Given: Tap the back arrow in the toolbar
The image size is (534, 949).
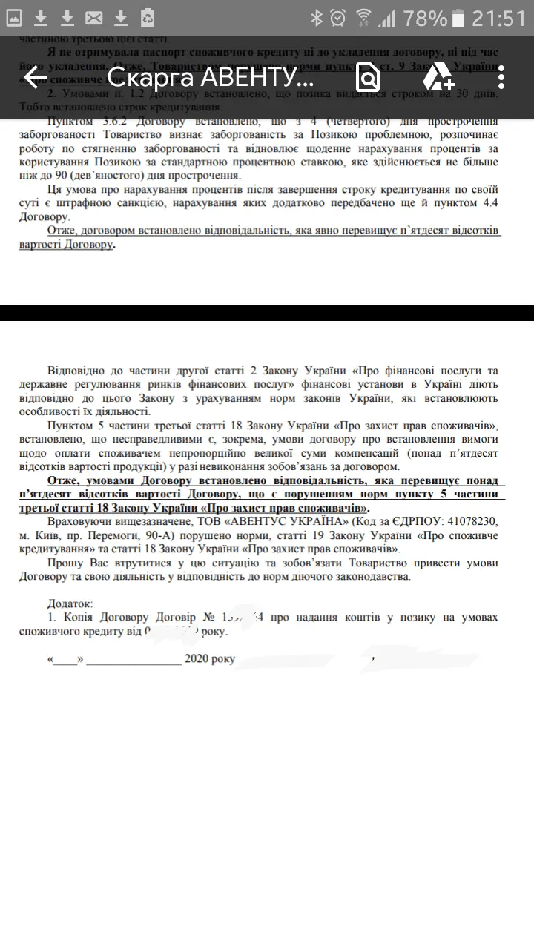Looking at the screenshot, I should pyautogui.click(x=35, y=77).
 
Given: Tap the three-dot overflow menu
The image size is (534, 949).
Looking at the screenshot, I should pyautogui.click(x=502, y=77).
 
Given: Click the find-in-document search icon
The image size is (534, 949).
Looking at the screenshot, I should pyautogui.click(x=367, y=77).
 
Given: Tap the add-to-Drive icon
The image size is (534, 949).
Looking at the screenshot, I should pyautogui.click(x=438, y=77).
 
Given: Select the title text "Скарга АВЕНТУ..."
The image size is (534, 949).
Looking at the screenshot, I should pyautogui.click(x=211, y=77).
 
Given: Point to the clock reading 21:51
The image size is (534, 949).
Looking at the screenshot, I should pyautogui.click(x=498, y=18).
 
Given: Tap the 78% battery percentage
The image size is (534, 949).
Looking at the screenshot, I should pyautogui.click(x=426, y=18).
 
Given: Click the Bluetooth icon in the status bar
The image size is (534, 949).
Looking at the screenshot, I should pyautogui.click(x=317, y=18).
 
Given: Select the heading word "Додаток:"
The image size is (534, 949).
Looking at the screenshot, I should pyautogui.click(x=70, y=604).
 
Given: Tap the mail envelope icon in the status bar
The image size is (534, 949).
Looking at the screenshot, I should pyautogui.click(x=93, y=18).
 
